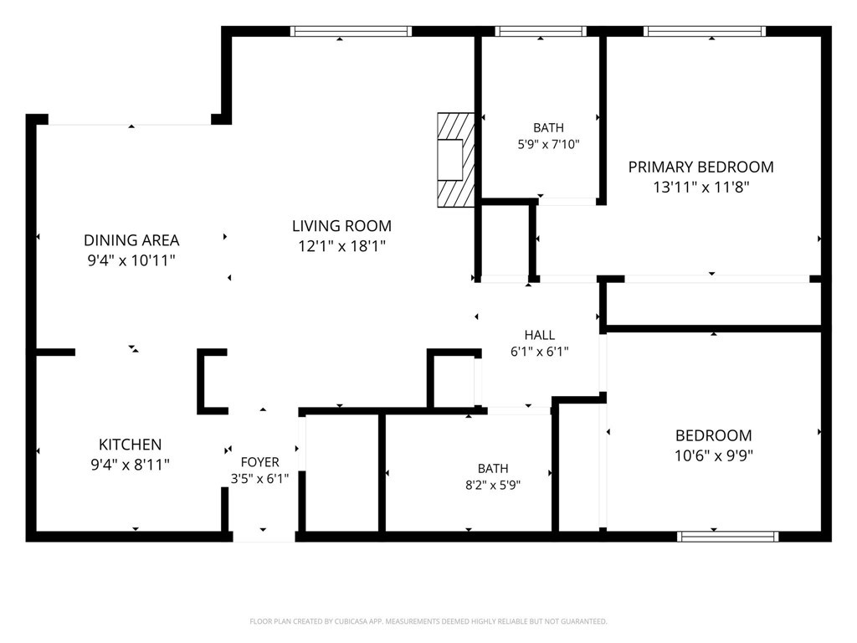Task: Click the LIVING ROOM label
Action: (341, 226)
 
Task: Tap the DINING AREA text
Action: (131, 240)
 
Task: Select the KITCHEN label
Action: (130, 444)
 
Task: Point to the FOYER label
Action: (259, 462)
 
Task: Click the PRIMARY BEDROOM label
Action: (700, 167)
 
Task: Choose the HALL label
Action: (540, 335)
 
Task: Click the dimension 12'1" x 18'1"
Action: (341, 246)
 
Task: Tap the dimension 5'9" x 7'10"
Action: (548, 144)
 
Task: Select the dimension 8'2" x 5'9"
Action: (493, 485)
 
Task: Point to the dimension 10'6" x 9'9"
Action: (714, 455)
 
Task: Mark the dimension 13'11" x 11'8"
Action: (700, 187)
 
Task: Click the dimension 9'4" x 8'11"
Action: (130, 464)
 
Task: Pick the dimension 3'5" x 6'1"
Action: (259, 479)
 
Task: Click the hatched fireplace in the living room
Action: (455, 160)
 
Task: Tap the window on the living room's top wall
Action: (351, 31)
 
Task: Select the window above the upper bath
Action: (541, 31)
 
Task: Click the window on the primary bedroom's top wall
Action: (705, 31)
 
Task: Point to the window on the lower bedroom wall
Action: (728, 537)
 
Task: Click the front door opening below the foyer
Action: (264, 537)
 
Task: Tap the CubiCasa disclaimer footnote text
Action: (428, 621)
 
